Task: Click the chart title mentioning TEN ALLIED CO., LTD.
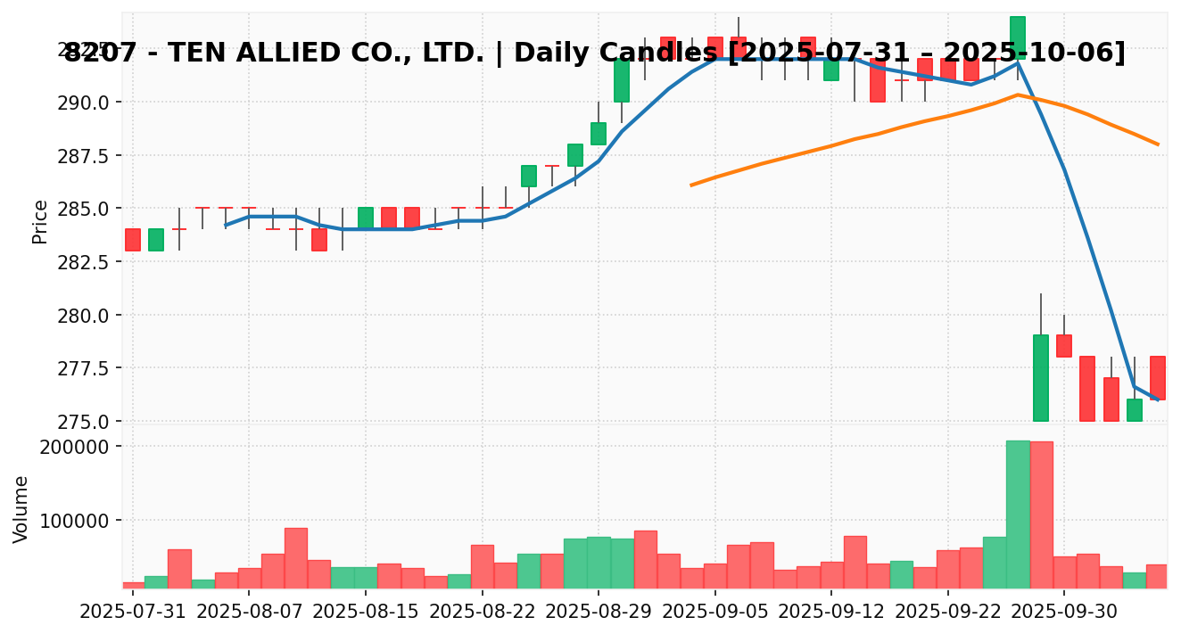coord(595,54)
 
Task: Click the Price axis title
coord(40,221)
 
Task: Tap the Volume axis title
coord(21,508)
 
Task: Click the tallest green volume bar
coord(1018,515)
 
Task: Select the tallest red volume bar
coord(1041,515)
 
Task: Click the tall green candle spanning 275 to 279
coord(1041,378)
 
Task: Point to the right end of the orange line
coord(1158,144)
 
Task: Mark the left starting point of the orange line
coord(691,185)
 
